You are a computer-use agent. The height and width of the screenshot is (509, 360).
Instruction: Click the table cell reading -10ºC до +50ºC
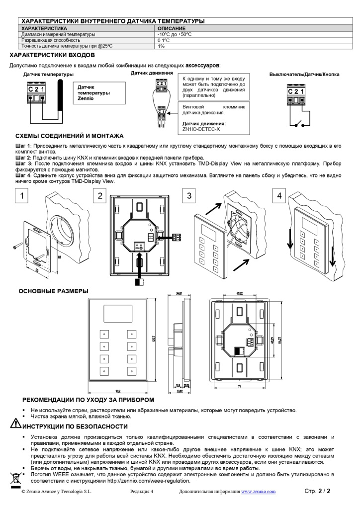pyautogui.click(x=175, y=34)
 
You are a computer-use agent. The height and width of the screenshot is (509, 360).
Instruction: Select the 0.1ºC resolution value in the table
pyautogui.click(x=165, y=40)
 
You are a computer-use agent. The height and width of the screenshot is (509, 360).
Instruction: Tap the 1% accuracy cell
pyautogui.click(x=161, y=46)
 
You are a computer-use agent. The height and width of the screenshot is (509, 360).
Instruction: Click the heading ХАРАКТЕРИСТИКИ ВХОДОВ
pyautogui.click(x=52, y=55)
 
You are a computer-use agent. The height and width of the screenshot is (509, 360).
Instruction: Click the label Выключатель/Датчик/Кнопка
pyautogui.click(x=304, y=75)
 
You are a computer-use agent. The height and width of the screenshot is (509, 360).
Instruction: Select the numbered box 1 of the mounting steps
pyautogui.click(x=21, y=195)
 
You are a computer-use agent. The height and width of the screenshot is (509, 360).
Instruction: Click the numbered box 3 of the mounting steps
pyautogui.click(x=188, y=195)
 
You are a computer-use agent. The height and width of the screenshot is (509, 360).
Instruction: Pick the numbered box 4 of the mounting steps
pyautogui.click(x=279, y=195)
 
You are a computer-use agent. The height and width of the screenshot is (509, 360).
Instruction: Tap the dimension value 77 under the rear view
pyautogui.click(x=239, y=385)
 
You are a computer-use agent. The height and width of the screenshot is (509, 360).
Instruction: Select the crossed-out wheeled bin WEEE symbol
pyautogui.click(x=15, y=479)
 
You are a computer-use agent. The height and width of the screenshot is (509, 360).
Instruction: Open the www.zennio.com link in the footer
pyautogui.click(x=258, y=492)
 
